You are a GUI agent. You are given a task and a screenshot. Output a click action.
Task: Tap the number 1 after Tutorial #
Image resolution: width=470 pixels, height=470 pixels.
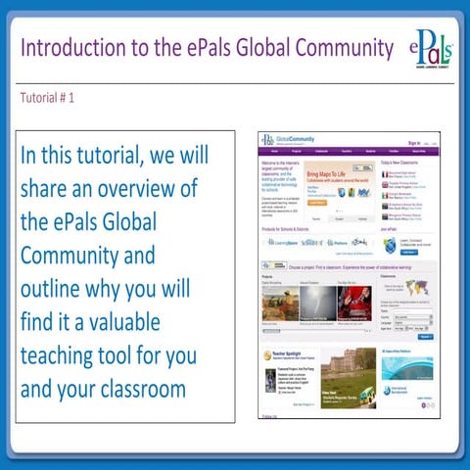pyautogui.click(x=71, y=98)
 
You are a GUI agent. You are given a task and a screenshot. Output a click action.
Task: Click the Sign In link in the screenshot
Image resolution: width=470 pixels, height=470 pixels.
pyautogui.click(x=414, y=143)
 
